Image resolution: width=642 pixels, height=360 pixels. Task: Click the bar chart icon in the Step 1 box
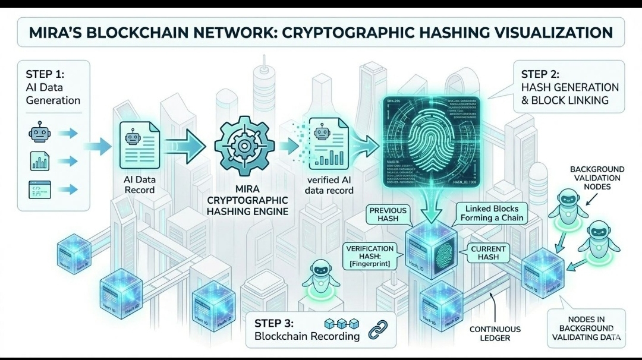click(39, 161)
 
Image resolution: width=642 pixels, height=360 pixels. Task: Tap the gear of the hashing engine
click(244, 145)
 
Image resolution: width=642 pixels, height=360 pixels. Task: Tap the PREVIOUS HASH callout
click(388, 214)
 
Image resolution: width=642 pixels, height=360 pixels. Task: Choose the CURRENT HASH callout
click(488, 253)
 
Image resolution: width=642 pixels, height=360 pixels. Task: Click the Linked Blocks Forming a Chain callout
click(492, 213)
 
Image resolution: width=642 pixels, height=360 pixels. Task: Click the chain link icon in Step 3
click(377, 330)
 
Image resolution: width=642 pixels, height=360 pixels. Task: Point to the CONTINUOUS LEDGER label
click(495, 333)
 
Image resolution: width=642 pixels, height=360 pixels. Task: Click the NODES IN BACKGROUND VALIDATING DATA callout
click(586, 328)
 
